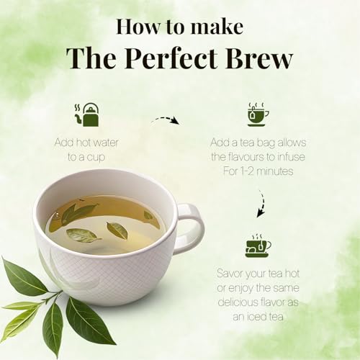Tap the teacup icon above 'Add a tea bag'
(258, 114)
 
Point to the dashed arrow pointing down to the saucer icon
(261, 204)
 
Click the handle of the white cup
(189, 228)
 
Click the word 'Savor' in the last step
(233, 274)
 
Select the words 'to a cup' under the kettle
(87, 156)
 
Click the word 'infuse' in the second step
(296, 157)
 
